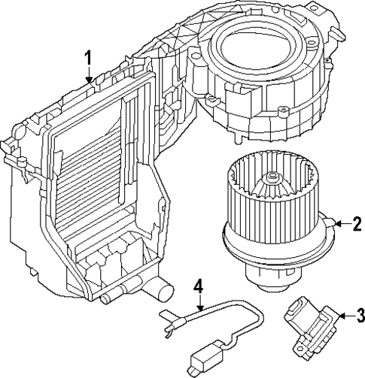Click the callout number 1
[x=88, y=57]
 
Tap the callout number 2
[x=356, y=223]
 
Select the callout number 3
[x=359, y=315]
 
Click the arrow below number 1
[x=89, y=75]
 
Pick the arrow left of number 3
[x=343, y=316]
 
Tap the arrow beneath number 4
[x=199, y=304]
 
